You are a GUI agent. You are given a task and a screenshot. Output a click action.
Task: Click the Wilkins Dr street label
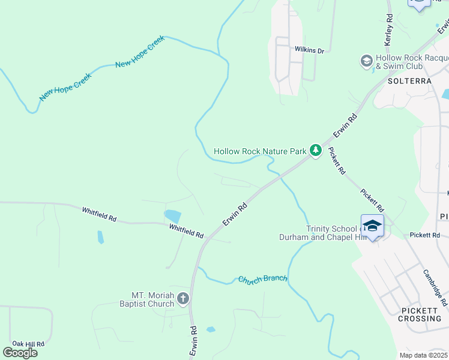click(x=309, y=51)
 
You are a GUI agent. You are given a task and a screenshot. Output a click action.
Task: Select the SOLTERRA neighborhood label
click(x=410, y=80)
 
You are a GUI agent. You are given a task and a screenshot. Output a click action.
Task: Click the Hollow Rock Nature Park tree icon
click(x=316, y=151)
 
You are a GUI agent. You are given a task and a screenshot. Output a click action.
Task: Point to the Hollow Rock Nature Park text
click(x=260, y=151)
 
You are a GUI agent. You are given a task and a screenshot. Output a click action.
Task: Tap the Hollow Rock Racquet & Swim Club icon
click(x=366, y=61)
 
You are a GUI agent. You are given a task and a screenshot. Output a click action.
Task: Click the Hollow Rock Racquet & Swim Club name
click(x=411, y=62)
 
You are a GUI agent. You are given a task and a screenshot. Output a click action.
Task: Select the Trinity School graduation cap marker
click(x=373, y=226)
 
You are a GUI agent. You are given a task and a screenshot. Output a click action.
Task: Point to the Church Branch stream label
click(x=262, y=279)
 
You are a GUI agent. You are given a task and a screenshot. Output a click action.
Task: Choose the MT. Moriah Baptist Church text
click(x=153, y=299)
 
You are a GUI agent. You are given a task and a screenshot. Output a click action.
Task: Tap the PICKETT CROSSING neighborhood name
click(x=420, y=314)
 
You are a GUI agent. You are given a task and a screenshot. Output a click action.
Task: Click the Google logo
click(x=20, y=352)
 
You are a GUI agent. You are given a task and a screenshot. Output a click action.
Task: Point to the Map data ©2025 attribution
click(x=423, y=355)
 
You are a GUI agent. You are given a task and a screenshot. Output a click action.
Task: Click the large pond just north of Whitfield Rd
click(x=172, y=216)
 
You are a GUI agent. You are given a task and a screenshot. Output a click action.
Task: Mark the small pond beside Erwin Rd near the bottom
click(x=211, y=329)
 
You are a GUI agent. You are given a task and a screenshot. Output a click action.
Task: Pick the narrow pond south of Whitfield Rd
click(x=100, y=237)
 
